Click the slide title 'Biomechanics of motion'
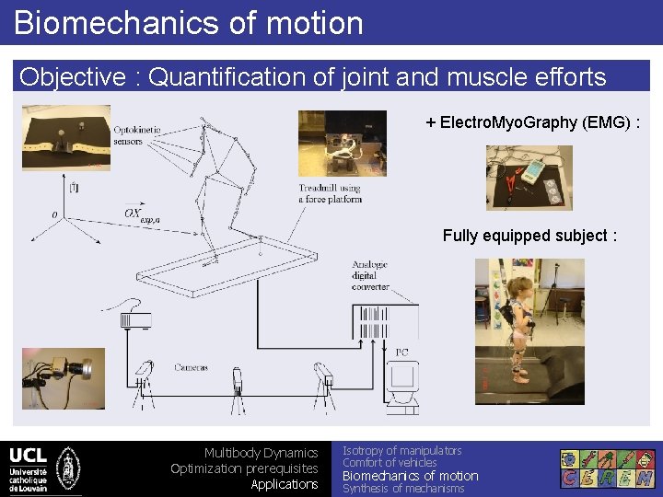189,22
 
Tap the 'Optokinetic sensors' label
136,136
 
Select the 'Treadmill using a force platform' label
330,193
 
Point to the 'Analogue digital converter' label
369,275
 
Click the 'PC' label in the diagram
402,352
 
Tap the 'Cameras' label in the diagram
191,367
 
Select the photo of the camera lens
63,377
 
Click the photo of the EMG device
529,178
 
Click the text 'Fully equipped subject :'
529,236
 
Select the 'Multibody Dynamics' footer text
261,453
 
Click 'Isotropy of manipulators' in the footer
401,450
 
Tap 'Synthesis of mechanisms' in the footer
403,489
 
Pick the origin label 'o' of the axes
54,214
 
